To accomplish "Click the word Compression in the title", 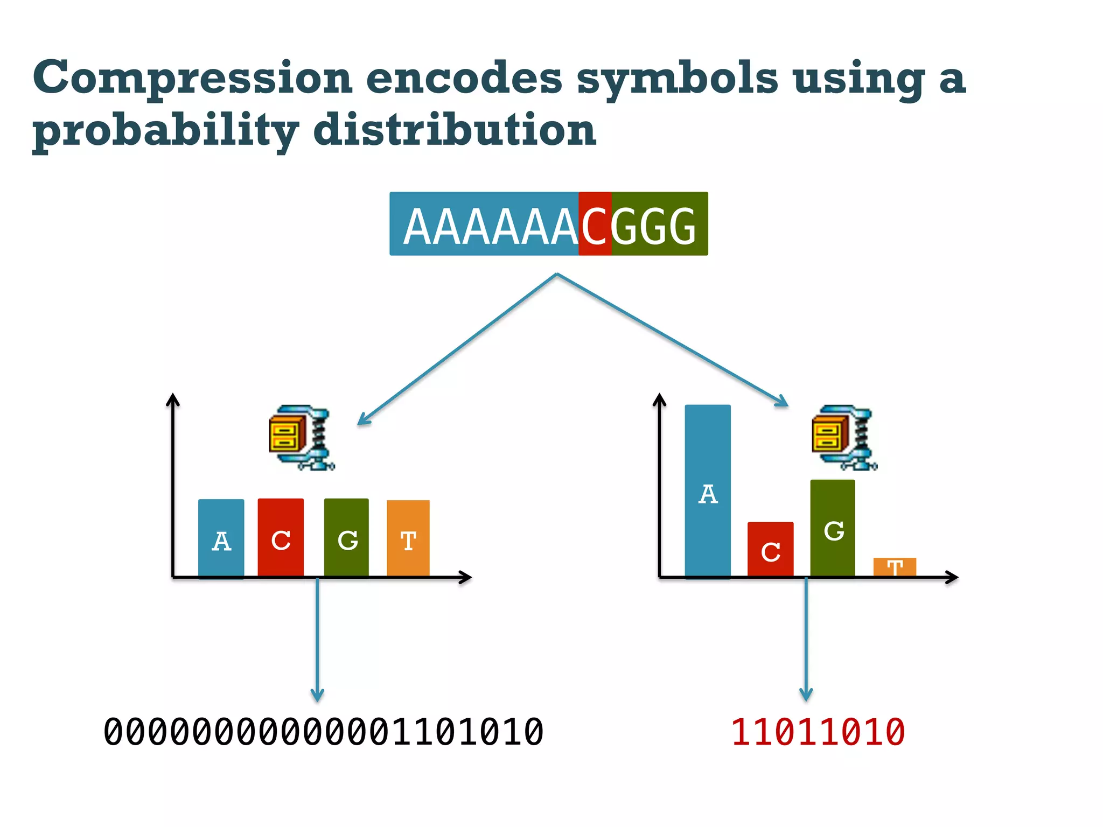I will pyautogui.click(x=192, y=79).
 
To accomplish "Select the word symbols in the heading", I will pyautogui.click(x=677, y=79).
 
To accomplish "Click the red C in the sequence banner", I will pyautogui.click(x=595, y=225).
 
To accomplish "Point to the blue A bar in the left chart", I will pyautogui.click(x=221, y=538).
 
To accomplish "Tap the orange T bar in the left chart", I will pyautogui.click(x=408, y=538).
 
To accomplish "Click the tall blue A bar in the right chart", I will pyautogui.click(x=708, y=490).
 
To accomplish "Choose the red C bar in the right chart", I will pyautogui.click(x=770, y=549).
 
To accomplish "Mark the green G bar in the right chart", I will pyautogui.click(x=832, y=528).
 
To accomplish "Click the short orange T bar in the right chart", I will pyautogui.click(x=895, y=567).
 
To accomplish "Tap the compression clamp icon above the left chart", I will pyautogui.click(x=301, y=437).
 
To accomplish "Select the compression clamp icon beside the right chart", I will pyautogui.click(x=843, y=437).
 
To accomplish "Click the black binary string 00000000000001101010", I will pyautogui.click(x=323, y=732).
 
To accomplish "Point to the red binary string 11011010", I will pyautogui.click(x=818, y=732).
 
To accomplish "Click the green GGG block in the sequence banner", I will pyautogui.click(x=659, y=225).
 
